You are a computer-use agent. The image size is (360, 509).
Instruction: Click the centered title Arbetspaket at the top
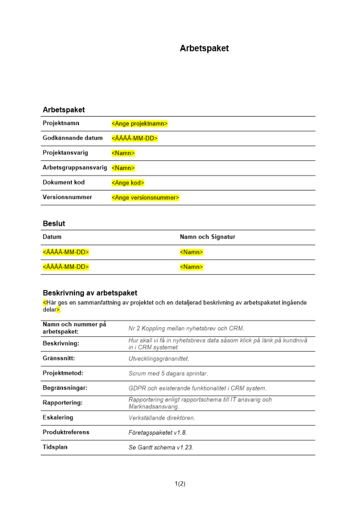point(204,49)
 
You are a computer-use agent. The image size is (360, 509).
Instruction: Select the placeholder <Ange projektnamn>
point(140,124)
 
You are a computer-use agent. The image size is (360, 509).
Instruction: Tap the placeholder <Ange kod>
point(128,183)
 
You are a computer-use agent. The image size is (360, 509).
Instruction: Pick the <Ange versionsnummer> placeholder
point(145,197)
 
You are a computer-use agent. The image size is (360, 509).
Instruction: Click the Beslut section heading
point(54,223)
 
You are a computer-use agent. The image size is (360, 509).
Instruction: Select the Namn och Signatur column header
point(207,237)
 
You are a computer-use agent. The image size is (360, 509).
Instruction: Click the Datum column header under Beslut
point(52,237)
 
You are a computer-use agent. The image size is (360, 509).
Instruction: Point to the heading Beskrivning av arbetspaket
point(90,293)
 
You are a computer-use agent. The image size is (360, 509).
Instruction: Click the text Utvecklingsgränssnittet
point(159,359)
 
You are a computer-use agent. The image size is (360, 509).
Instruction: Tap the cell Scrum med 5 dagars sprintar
point(168,374)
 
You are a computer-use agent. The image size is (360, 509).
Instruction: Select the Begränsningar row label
point(65,388)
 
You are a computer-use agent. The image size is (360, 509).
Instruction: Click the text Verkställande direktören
point(162,418)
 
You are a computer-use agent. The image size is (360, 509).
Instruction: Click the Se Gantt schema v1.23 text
point(161,448)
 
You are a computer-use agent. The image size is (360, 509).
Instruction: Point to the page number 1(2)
point(180,484)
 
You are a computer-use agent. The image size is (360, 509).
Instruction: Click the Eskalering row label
point(58,417)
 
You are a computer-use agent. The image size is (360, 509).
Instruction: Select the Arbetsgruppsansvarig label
point(75,167)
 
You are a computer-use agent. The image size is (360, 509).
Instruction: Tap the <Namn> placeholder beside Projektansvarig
point(123,153)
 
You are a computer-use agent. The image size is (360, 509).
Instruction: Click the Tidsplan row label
point(55,447)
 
